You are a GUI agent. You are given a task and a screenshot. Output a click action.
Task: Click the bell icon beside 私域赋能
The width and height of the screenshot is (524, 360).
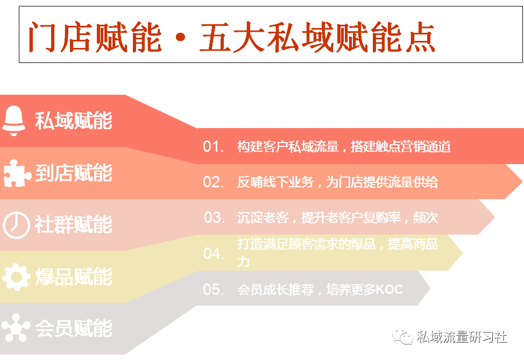[x=13, y=121]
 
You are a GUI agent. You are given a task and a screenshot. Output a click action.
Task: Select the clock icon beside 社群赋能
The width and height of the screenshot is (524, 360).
[x=16, y=225]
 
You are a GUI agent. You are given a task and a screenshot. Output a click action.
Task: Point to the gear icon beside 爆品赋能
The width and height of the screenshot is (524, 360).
[x=16, y=277]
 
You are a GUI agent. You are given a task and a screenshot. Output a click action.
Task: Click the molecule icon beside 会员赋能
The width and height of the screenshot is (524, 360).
[x=16, y=328]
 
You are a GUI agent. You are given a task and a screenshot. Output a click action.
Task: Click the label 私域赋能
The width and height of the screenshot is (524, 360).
[x=74, y=121]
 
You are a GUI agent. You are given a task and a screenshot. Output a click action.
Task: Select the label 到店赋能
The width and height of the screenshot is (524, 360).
[x=74, y=173]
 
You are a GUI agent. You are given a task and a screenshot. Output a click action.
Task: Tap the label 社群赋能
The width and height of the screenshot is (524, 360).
[x=74, y=224]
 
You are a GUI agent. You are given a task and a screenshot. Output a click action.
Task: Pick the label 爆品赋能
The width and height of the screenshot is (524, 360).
[x=74, y=277]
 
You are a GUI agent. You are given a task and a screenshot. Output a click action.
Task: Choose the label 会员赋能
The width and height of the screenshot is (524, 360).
[x=74, y=328]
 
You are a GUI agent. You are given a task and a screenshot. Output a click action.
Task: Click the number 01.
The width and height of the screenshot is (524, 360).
[x=213, y=147]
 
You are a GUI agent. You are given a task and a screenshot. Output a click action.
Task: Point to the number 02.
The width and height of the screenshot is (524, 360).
[x=213, y=182]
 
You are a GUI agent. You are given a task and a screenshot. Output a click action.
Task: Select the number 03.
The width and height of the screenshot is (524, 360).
[x=214, y=217]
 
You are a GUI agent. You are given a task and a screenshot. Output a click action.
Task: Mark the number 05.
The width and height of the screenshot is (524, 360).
[x=213, y=290]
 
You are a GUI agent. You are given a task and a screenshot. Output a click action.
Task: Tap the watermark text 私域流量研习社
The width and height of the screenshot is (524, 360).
[x=462, y=337]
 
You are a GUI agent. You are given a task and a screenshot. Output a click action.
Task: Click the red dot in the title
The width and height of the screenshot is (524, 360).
[x=180, y=37]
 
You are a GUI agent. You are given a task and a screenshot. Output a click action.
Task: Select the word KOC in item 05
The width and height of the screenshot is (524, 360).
[x=390, y=290]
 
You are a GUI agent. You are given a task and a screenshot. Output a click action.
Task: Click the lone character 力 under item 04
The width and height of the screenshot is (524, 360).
[x=243, y=262]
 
